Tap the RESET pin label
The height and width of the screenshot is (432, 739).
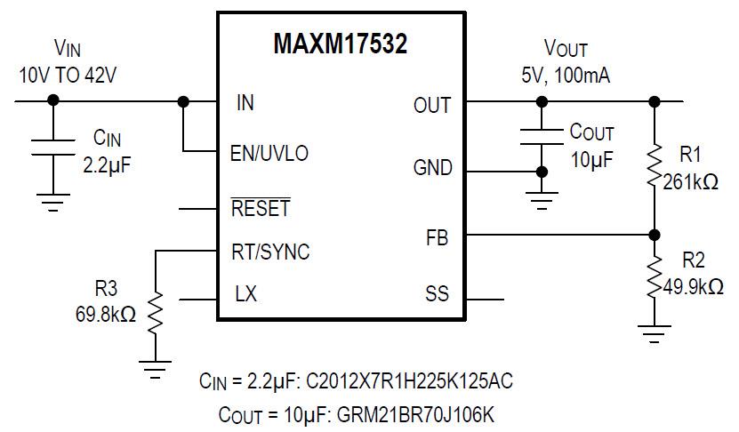[x=261, y=210]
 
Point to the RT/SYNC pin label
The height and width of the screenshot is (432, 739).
[x=271, y=252]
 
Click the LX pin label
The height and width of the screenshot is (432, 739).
[x=246, y=294]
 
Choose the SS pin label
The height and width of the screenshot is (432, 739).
[x=438, y=294]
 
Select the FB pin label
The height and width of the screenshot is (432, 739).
[x=438, y=237]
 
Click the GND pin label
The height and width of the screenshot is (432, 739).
[x=432, y=167]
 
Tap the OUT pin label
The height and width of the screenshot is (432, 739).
[x=432, y=106]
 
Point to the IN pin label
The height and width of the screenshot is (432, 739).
[x=245, y=102]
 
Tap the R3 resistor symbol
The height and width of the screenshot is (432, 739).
[x=156, y=313]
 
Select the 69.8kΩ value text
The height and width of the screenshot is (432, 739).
[x=106, y=315]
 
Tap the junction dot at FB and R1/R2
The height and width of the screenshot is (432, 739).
[x=655, y=235]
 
